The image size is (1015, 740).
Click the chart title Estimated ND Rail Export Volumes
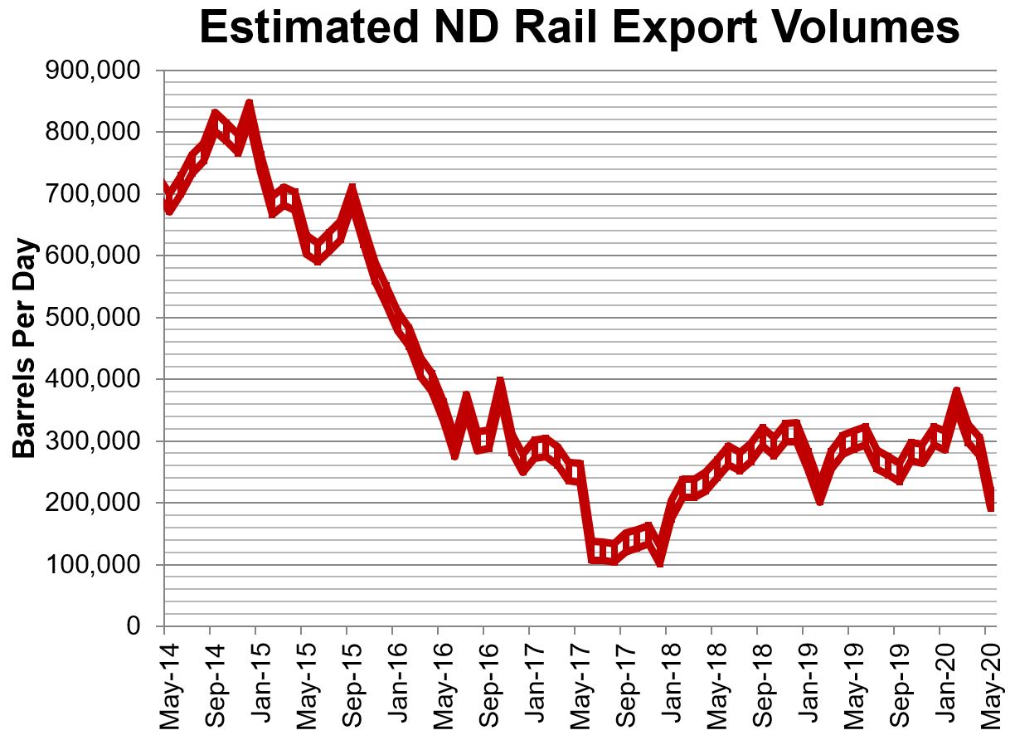click(579, 28)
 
